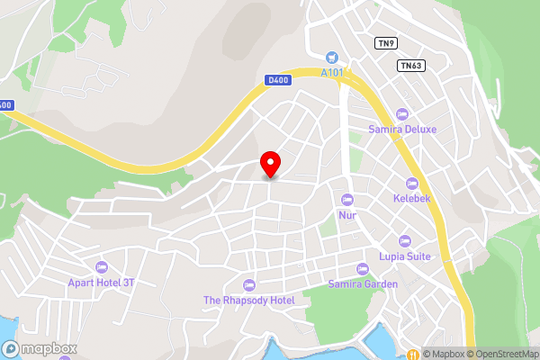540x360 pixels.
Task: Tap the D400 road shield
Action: click(x=278, y=80)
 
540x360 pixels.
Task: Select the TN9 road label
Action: click(x=386, y=42)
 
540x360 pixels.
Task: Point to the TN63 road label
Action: click(x=410, y=65)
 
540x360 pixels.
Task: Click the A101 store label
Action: click(x=333, y=74)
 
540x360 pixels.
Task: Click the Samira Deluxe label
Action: click(x=402, y=130)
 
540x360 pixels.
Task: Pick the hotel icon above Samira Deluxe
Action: click(x=402, y=114)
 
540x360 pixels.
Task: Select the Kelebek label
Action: click(x=413, y=197)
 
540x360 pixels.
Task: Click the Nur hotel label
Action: click(x=347, y=215)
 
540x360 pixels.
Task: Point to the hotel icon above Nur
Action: click(x=347, y=199)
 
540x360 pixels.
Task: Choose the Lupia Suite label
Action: click(x=404, y=256)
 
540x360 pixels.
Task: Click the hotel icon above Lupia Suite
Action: click(x=404, y=240)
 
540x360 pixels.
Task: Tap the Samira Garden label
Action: click(x=363, y=284)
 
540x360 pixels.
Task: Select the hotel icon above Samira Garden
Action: click(x=363, y=269)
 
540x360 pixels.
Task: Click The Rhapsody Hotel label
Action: click(x=249, y=300)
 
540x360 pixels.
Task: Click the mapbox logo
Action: click(x=40, y=348)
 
